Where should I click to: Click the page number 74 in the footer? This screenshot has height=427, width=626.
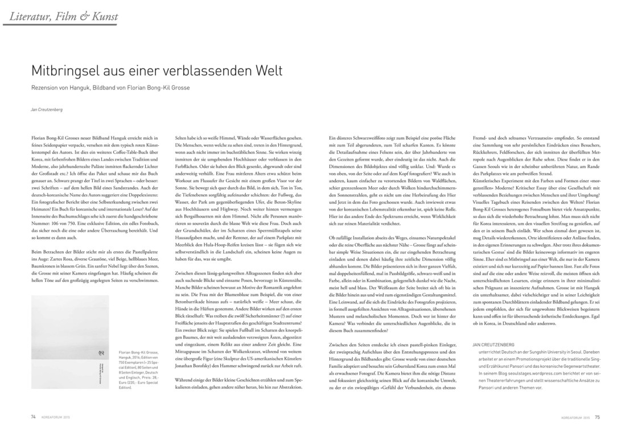[x=34, y=417]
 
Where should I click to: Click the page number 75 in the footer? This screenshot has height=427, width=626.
[x=598, y=417]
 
